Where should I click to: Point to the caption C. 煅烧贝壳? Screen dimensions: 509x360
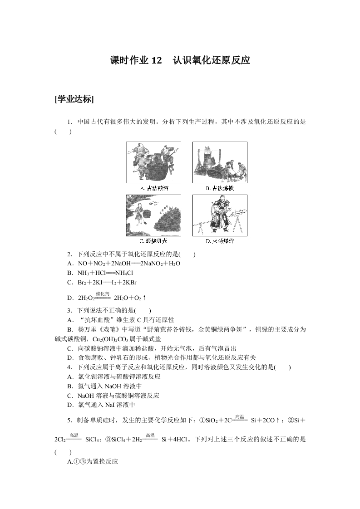tap(154, 241)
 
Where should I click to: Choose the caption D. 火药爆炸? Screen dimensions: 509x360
tap(220, 241)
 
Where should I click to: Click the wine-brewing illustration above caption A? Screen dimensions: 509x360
tap(153, 162)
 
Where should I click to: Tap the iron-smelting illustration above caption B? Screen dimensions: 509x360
tap(220, 162)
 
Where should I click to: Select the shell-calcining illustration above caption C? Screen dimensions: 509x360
tap(153, 216)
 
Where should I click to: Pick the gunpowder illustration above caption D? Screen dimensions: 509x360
tap(220, 216)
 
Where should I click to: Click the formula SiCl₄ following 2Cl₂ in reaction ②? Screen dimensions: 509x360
tap(92, 440)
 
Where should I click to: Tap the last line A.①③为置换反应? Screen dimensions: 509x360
tap(92, 461)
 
